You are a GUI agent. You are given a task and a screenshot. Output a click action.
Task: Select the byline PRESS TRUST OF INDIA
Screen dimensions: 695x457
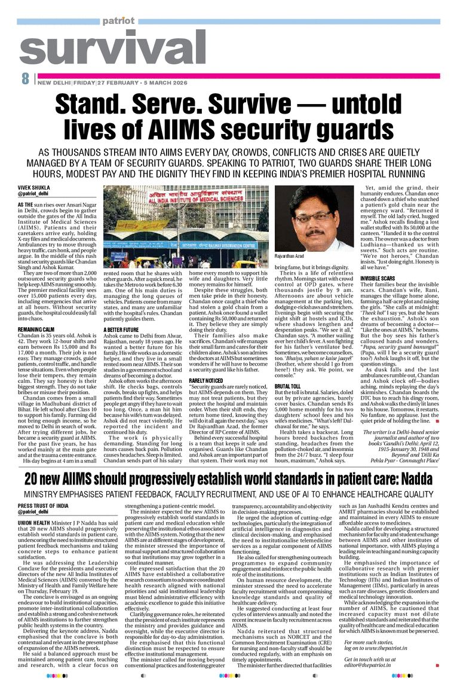click(x=43, y=506)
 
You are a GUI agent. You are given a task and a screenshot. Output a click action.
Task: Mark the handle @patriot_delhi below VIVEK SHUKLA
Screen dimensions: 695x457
click(x=33, y=194)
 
